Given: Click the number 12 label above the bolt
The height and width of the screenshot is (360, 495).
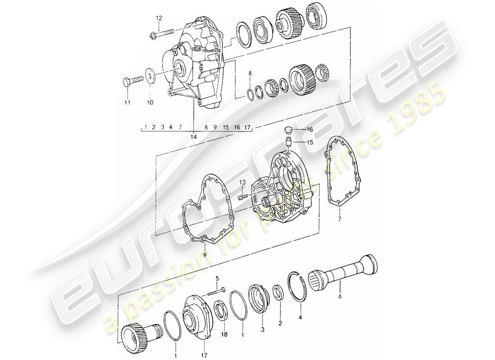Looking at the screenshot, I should pyautogui.click(x=158, y=18).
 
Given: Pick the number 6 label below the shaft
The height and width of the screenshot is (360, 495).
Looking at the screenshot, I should pyautogui.click(x=340, y=297).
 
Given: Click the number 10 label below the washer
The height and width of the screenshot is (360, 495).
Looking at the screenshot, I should pyautogui.click(x=150, y=103).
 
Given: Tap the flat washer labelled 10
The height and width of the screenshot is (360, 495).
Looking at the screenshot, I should pyautogui.click(x=150, y=73).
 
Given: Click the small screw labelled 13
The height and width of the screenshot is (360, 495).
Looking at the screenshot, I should pyautogui.click(x=241, y=197).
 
